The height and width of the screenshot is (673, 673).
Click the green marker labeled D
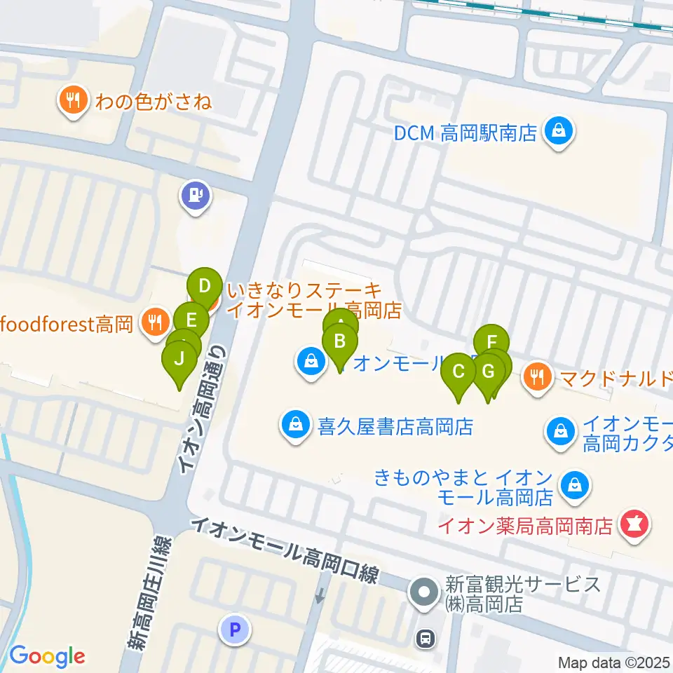point(205,286)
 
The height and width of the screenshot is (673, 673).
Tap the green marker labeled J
point(179,359)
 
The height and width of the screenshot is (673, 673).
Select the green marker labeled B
point(340,342)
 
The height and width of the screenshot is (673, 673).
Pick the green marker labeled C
point(459,371)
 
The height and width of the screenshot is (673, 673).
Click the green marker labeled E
point(192,320)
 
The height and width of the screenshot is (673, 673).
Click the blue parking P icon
point(236,629)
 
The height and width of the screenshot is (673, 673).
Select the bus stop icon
point(424,637)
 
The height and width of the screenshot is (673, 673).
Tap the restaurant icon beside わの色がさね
point(73,102)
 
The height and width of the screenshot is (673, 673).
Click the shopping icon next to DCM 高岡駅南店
point(559,132)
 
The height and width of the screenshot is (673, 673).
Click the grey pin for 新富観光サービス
point(423,593)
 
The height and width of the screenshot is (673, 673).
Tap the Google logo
point(47,656)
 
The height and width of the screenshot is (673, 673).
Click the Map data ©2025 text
point(614,662)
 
